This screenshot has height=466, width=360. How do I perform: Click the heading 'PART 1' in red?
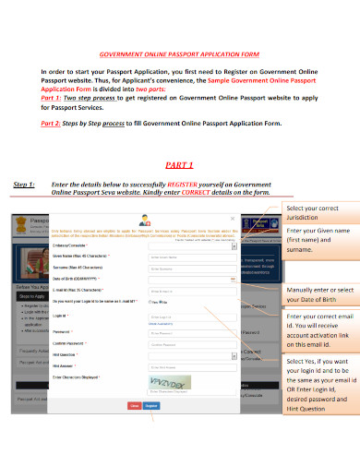179,165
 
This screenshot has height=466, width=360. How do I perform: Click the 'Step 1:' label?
24,185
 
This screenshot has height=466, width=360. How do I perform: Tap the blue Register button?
151,404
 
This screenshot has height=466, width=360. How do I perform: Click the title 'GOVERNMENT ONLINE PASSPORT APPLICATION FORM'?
179,54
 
